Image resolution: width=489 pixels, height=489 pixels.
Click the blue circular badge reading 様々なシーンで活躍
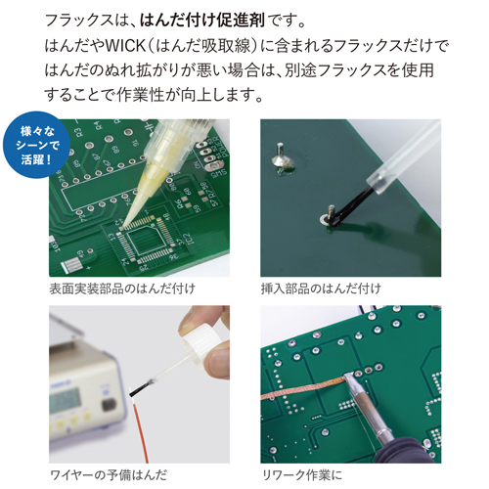tap(36, 145)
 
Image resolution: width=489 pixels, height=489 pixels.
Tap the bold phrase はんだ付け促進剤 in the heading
tap(202, 21)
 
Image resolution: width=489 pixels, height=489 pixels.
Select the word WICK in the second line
tap(125, 45)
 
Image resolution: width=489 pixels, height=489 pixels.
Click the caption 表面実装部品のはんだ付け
tap(122, 289)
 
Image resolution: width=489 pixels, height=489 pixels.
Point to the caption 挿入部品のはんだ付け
tap(321, 289)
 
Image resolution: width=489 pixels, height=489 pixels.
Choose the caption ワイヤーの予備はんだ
tap(109, 474)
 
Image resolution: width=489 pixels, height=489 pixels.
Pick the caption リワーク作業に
tap(302, 474)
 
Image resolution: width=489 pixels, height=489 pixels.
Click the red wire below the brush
tap(140, 430)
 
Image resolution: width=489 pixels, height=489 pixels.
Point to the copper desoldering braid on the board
tap(305, 388)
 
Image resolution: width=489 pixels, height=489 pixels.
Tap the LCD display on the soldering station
tap(67, 400)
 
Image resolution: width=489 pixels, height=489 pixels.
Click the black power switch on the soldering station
tap(109, 404)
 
